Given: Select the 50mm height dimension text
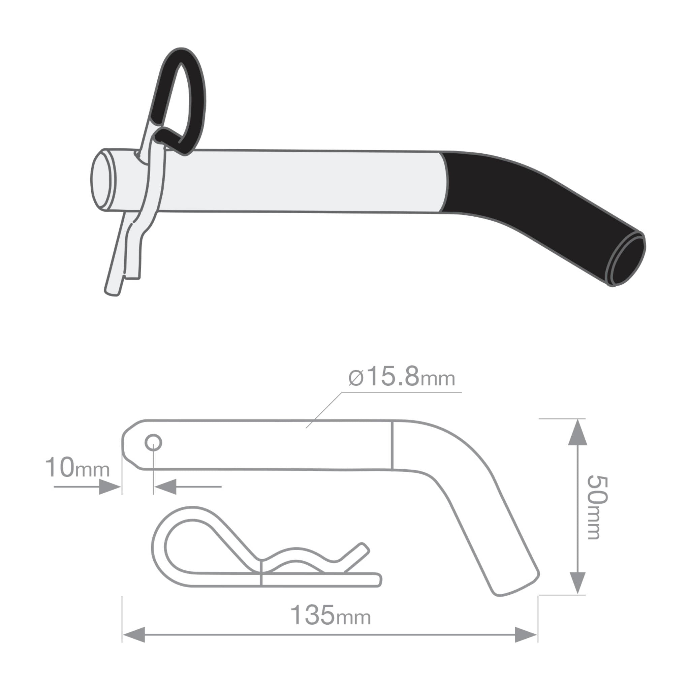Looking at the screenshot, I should click(x=597, y=507).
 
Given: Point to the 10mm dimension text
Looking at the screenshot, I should click(x=77, y=467).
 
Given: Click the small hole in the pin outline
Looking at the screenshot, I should click(x=153, y=443).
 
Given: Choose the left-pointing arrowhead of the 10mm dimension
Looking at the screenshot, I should click(x=165, y=487).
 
